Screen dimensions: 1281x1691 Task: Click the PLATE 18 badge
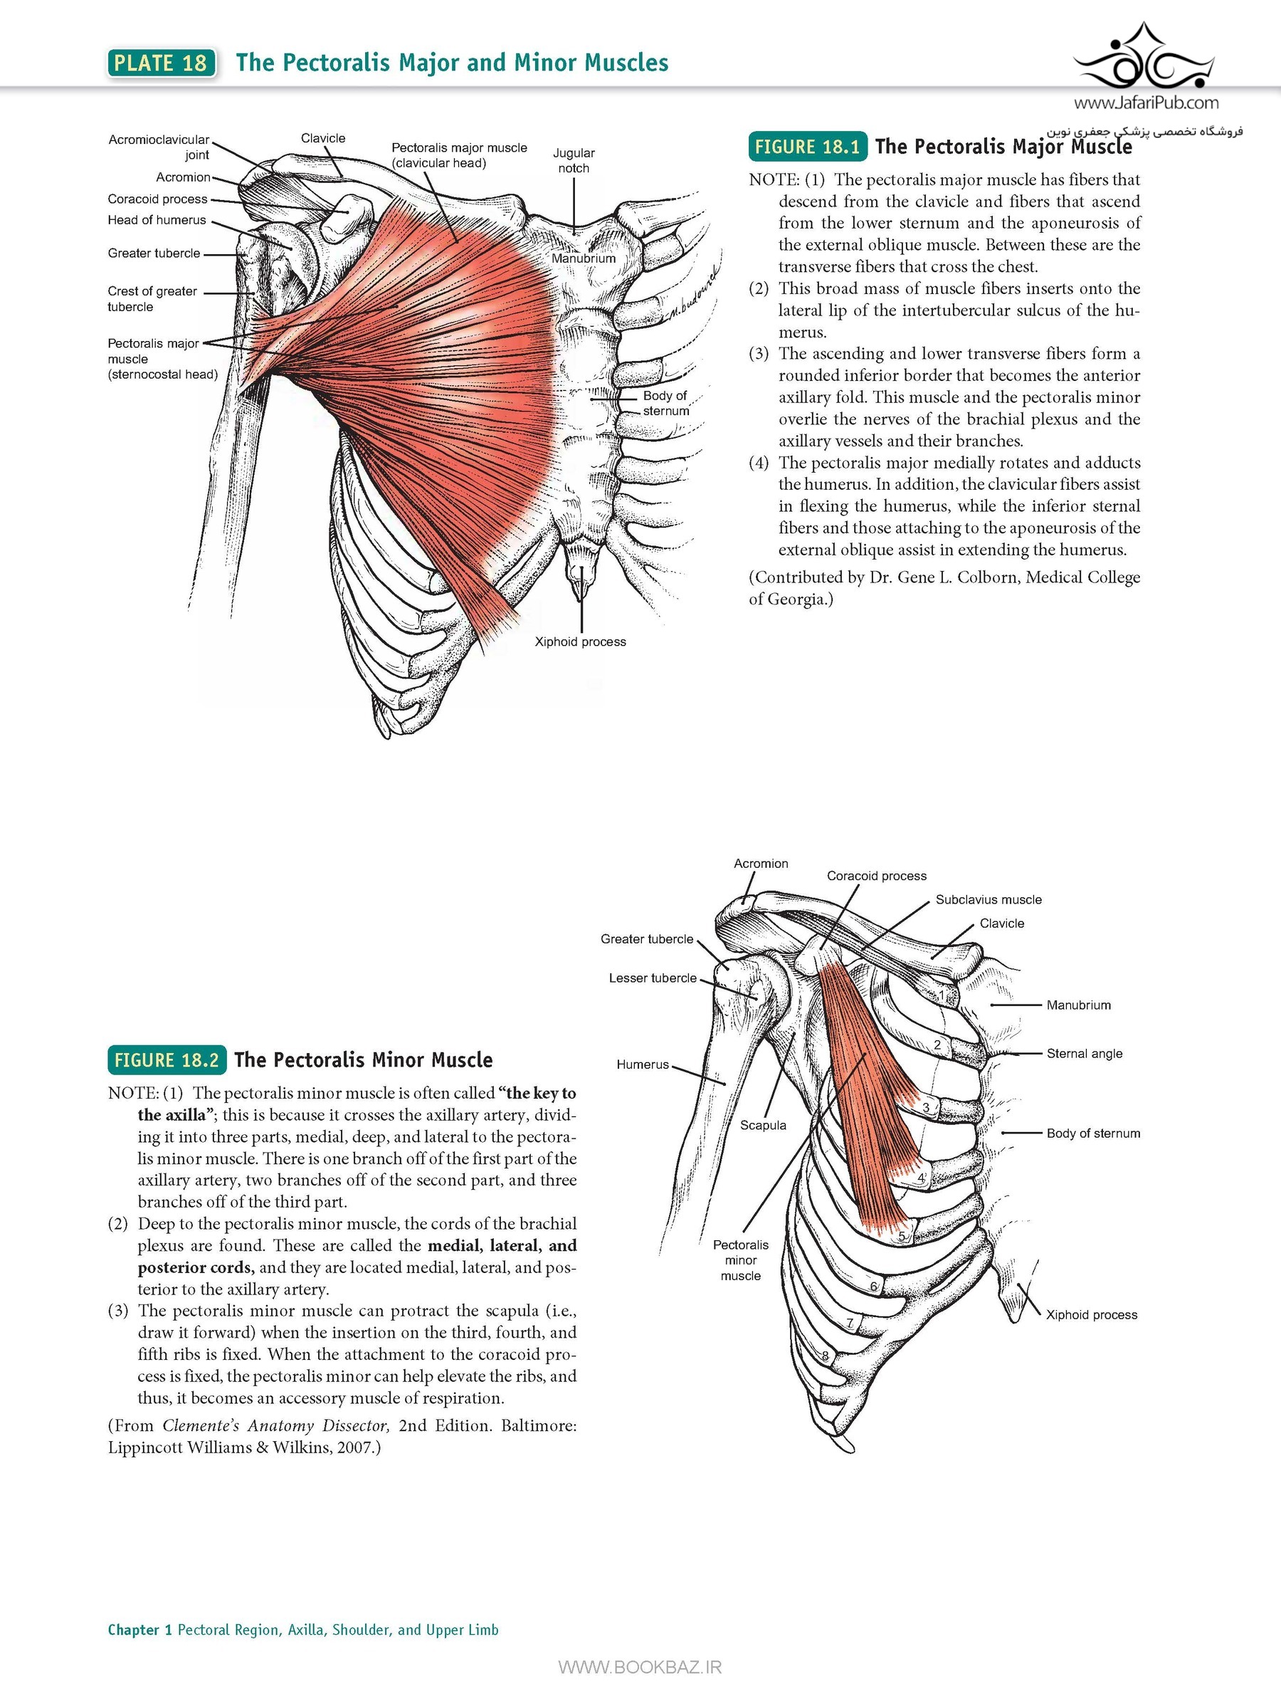click(162, 63)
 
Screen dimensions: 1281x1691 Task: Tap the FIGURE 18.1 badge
click(807, 147)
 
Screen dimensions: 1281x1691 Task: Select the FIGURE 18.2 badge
click(167, 1059)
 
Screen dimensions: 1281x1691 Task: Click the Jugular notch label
click(573, 160)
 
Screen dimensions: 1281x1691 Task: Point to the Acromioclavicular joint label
click(159, 147)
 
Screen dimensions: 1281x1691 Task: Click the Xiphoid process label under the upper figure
click(580, 642)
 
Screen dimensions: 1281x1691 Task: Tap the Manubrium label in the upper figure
click(583, 258)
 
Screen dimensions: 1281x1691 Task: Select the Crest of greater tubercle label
click(152, 299)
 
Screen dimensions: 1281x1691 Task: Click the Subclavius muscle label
click(989, 900)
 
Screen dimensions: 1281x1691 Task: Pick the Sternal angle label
click(1085, 1054)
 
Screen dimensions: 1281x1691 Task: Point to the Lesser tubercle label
click(653, 978)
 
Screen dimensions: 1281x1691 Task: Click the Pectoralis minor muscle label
click(741, 1260)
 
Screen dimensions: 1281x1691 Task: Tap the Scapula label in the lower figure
click(763, 1125)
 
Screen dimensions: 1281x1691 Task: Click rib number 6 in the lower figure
click(874, 1287)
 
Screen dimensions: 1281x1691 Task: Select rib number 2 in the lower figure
click(938, 1045)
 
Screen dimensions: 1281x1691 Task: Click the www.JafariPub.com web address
click(1146, 103)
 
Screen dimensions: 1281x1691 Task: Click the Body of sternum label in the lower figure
click(1093, 1133)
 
